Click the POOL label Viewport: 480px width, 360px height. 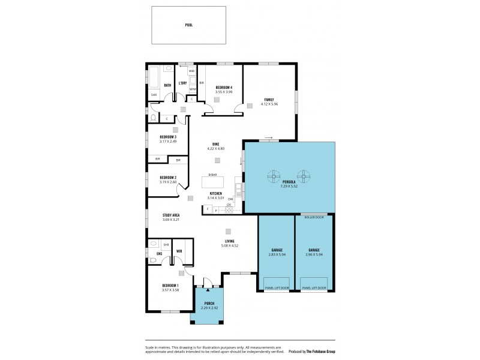click(188, 25)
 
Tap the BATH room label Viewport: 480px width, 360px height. click(167, 85)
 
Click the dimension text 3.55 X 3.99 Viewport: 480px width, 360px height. click(223, 92)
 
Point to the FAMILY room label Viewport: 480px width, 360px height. click(269, 99)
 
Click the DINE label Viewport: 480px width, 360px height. click(215, 143)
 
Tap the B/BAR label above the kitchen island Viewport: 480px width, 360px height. click(212, 175)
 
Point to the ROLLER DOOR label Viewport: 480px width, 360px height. click(314, 217)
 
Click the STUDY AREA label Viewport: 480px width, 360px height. click(171, 215)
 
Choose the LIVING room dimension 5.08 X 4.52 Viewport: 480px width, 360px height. click(230, 245)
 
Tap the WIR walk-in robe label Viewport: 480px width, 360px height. click(179, 251)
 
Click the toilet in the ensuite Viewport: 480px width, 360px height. click(154, 244)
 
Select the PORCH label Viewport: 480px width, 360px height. click(209, 304)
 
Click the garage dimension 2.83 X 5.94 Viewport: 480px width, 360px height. click(276, 254)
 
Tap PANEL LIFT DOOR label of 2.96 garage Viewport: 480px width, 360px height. click(314, 288)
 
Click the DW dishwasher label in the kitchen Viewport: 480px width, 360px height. click(230, 199)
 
